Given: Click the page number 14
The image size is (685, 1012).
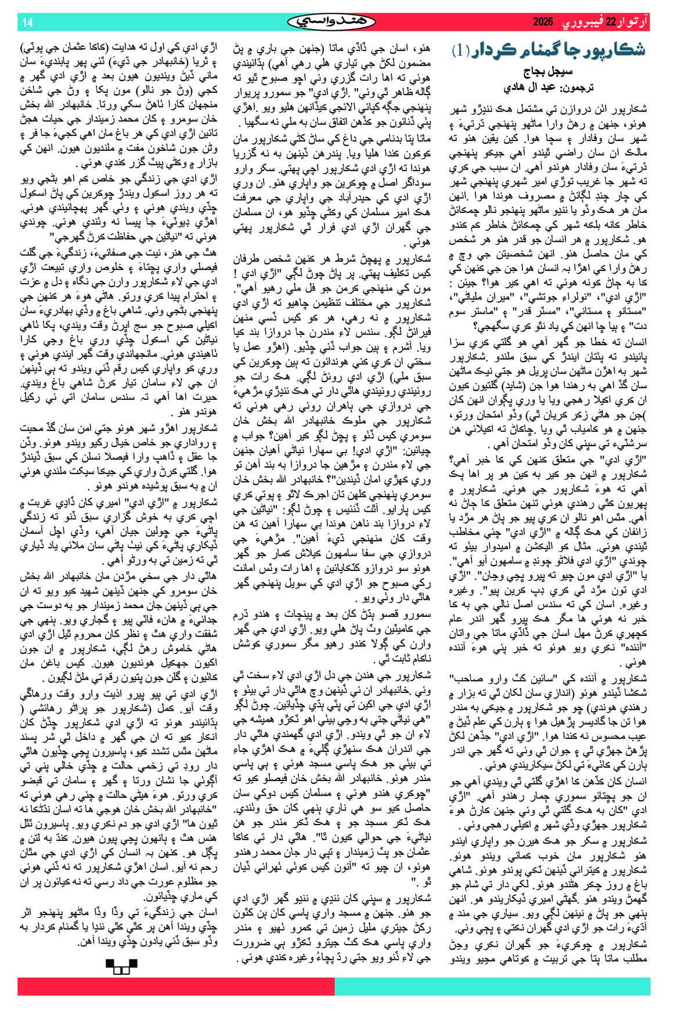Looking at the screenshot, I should click(x=28, y=22).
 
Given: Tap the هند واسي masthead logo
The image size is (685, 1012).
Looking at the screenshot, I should click(x=331, y=22).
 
